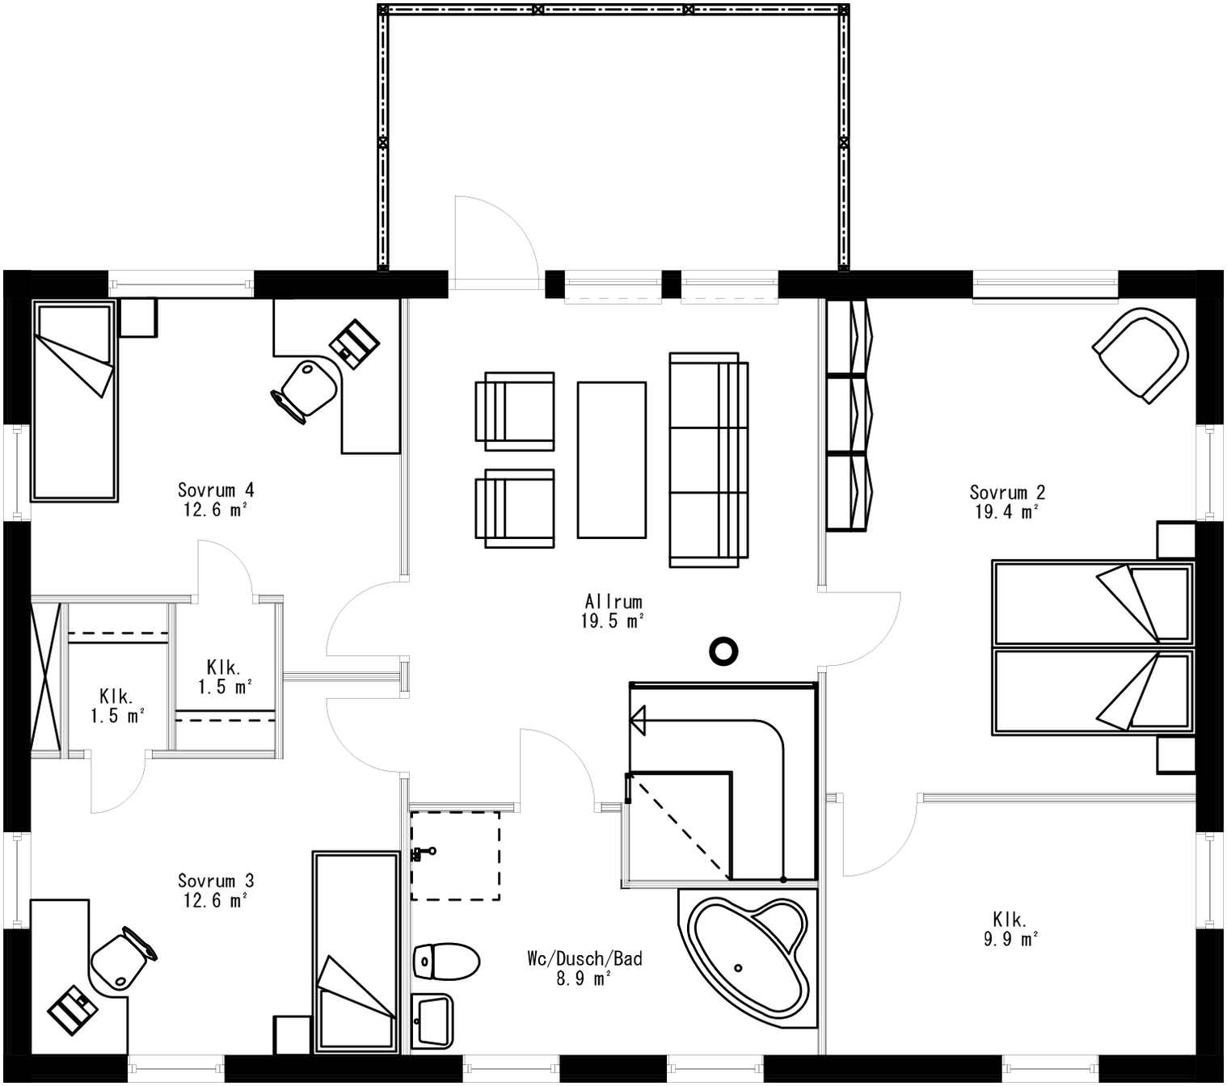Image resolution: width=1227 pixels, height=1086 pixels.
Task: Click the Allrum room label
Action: tap(613, 602)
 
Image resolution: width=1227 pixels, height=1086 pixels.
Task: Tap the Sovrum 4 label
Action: tap(216, 490)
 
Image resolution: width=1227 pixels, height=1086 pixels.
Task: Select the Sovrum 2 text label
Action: tap(1007, 493)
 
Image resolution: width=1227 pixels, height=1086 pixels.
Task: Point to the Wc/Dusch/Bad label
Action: tap(584, 959)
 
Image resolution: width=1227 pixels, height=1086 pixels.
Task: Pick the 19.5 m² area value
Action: tap(613, 621)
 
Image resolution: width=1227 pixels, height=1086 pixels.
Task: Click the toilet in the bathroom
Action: tap(445, 962)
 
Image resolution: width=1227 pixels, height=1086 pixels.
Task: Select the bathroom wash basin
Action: tap(432, 1021)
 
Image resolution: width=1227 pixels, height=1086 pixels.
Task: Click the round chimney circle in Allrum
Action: tap(723, 650)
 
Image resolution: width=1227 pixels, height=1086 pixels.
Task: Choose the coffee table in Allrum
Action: tap(612, 460)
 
